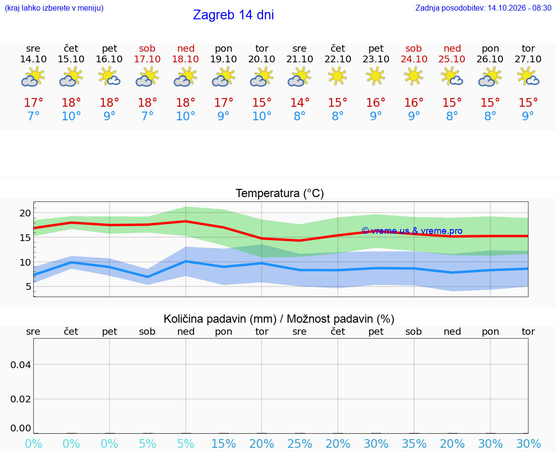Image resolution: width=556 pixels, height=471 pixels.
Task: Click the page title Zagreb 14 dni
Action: (x=233, y=15)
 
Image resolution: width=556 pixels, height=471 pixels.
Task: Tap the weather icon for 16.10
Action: (x=109, y=77)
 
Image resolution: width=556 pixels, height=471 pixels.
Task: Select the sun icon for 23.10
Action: (x=375, y=77)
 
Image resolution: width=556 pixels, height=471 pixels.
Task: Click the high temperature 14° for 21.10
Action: (x=300, y=102)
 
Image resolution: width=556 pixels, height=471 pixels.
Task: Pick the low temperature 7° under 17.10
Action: (x=148, y=116)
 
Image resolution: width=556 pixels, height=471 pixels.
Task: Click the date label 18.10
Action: (x=185, y=59)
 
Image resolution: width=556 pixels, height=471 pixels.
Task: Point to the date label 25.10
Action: (x=452, y=59)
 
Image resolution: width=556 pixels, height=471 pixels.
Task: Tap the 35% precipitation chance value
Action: (x=414, y=443)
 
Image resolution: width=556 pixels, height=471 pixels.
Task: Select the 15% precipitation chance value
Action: (x=224, y=443)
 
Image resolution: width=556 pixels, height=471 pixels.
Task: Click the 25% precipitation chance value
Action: (x=300, y=443)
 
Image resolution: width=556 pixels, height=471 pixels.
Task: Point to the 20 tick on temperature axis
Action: (x=26, y=213)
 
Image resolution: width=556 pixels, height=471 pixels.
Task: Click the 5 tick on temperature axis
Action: (x=28, y=286)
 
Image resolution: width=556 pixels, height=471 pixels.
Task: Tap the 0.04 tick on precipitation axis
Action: (x=21, y=365)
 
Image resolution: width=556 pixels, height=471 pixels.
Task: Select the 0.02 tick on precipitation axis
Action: (x=21, y=399)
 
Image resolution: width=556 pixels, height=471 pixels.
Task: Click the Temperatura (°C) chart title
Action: (x=280, y=193)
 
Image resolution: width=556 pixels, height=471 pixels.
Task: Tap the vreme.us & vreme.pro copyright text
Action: (x=412, y=231)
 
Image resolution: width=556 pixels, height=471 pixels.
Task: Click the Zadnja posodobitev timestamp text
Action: (x=483, y=8)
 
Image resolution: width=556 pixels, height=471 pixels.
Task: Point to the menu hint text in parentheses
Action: (x=54, y=8)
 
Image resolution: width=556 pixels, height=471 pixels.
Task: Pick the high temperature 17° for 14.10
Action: (x=33, y=102)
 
